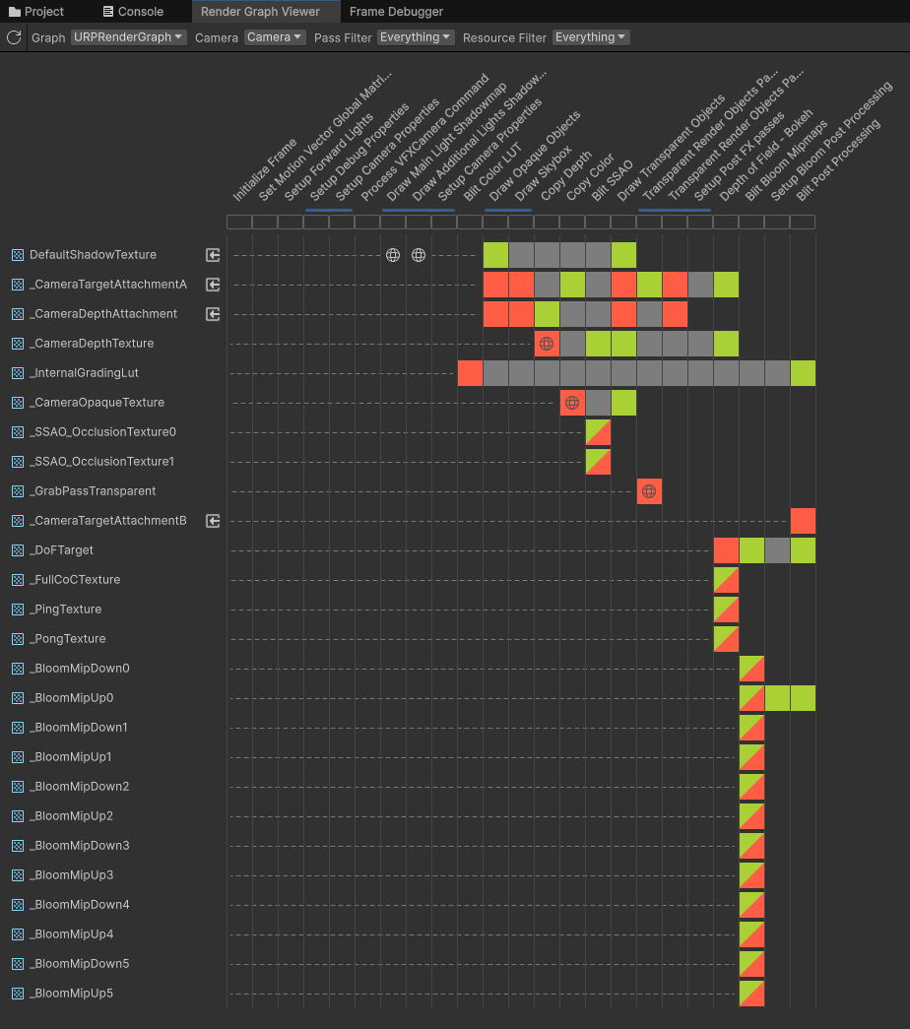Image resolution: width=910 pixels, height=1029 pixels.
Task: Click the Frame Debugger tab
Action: click(396, 12)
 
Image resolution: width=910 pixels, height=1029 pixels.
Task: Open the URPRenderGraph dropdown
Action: click(128, 37)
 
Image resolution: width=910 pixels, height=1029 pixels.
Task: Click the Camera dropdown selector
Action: click(275, 37)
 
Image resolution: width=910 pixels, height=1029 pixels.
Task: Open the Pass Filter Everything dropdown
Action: click(416, 37)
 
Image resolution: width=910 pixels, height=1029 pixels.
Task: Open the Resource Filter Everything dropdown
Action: click(591, 37)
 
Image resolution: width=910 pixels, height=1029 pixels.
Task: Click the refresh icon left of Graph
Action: click(14, 37)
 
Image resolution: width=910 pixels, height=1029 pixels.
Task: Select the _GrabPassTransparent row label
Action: click(93, 491)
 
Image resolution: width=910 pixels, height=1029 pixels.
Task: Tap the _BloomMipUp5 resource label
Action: click(71, 994)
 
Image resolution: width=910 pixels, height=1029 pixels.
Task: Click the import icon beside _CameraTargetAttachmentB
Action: click(213, 521)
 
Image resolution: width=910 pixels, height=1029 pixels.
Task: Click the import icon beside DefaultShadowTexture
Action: click(213, 255)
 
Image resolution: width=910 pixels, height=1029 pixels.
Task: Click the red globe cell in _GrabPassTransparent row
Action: click(649, 491)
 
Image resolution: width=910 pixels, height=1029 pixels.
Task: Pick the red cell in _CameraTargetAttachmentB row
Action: click(803, 521)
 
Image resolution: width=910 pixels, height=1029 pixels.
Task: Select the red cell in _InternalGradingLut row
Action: click(470, 373)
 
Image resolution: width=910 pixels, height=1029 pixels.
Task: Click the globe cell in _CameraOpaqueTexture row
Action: click(572, 403)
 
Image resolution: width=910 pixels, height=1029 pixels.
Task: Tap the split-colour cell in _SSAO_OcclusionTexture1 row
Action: click(598, 462)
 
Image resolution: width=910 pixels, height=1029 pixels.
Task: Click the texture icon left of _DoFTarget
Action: click(17, 550)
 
